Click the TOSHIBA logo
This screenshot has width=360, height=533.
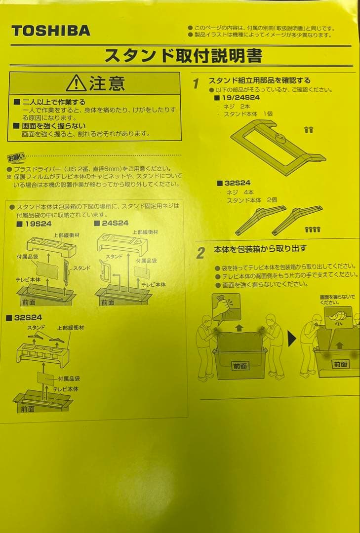[x=51, y=31]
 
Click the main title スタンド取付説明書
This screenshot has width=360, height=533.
[x=183, y=55]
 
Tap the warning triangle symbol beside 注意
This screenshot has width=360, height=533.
[x=76, y=83]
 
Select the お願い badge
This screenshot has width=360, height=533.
[x=16, y=158]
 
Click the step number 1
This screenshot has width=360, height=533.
[x=196, y=84]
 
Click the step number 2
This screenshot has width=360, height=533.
[x=200, y=253]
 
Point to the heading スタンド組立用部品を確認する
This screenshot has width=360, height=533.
[x=259, y=80]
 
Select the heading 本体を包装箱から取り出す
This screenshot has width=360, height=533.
[x=260, y=249]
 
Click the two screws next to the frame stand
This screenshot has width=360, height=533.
[x=309, y=130]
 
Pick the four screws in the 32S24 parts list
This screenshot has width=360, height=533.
[x=312, y=229]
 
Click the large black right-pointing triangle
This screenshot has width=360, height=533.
[x=292, y=339]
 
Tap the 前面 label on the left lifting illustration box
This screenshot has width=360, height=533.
[x=240, y=366]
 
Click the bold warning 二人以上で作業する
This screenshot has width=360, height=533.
[x=49, y=102]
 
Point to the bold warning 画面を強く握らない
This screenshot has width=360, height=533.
[x=49, y=125]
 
